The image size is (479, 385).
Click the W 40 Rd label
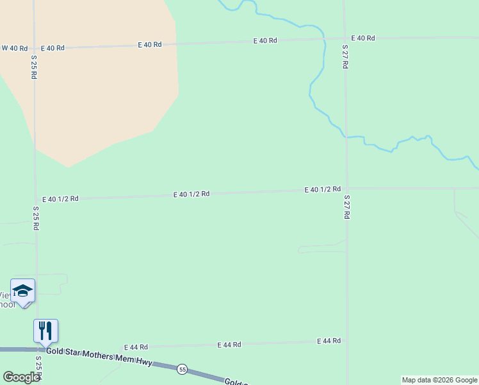(x=15, y=48)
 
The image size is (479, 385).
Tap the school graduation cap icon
(x=23, y=291)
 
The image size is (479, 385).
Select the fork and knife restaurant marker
(x=45, y=330)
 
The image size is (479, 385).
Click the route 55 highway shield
(x=183, y=369)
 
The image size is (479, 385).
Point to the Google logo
(x=21, y=377)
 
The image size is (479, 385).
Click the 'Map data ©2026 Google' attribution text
(x=439, y=380)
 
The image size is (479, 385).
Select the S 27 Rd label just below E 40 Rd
(x=345, y=57)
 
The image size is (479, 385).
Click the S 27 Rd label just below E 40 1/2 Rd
(x=346, y=207)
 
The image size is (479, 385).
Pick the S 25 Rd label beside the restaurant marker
(x=38, y=368)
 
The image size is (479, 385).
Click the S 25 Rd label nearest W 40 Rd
(x=34, y=67)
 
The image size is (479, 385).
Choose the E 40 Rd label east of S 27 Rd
(x=362, y=38)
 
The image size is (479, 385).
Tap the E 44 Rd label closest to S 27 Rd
(x=329, y=341)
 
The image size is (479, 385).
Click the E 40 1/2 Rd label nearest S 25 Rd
(x=60, y=199)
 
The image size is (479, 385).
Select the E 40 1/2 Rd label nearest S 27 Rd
(x=322, y=189)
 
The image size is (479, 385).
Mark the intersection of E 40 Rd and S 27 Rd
(x=345, y=38)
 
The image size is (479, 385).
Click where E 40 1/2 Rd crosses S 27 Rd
(x=346, y=189)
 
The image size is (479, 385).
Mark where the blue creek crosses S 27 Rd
(x=346, y=137)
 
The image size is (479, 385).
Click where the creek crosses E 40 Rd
(x=324, y=39)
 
